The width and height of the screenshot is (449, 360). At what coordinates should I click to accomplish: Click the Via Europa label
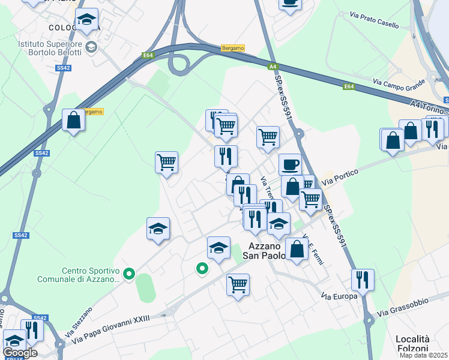[x=339, y=296]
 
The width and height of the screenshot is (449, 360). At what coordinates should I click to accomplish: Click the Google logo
[x=20, y=353]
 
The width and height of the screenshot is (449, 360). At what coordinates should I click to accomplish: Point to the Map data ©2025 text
[x=424, y=355]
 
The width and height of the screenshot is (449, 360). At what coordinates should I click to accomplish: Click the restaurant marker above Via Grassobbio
[x=363, y=280]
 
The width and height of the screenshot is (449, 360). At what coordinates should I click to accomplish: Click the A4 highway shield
[x=273, y=66]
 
